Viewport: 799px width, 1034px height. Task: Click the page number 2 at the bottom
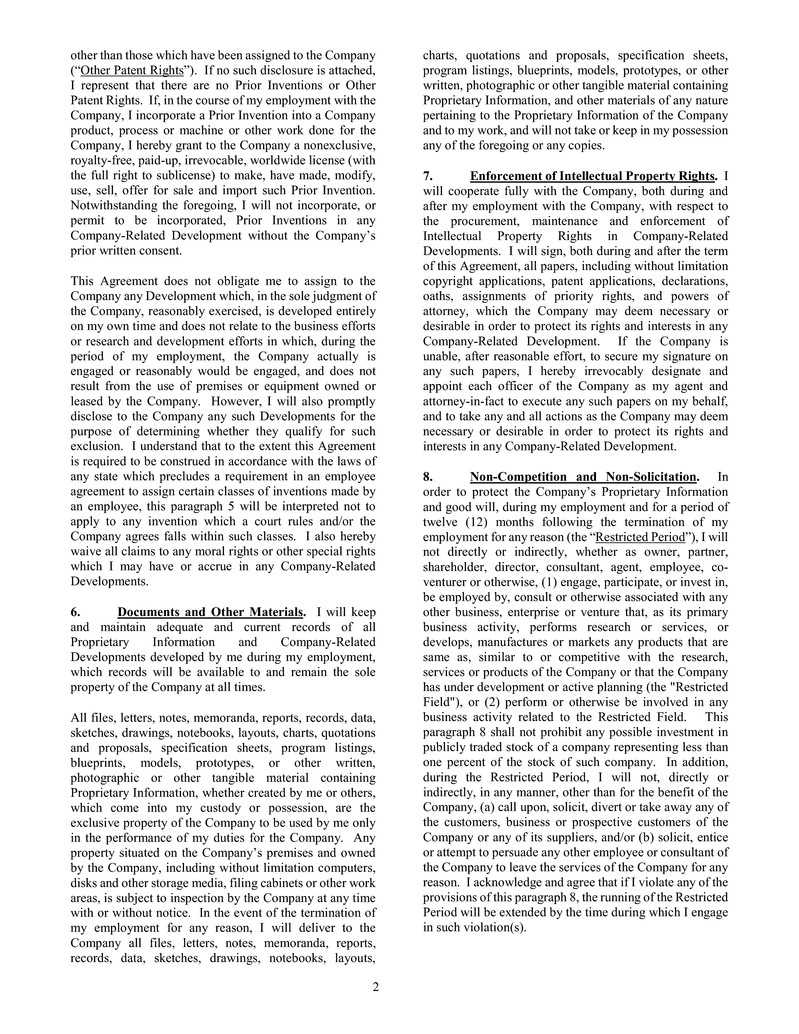(x=376, y=988)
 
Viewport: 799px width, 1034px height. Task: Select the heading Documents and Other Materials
(x=211, y=611)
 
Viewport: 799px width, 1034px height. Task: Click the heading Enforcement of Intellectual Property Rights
(x=593, y=176)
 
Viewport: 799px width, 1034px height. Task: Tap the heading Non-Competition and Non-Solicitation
(x=584, y=477)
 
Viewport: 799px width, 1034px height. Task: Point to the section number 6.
(x=76, y=611)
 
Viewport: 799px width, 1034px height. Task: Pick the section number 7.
(x=428, y=176)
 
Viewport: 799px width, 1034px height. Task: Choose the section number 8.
(x=428, y=477)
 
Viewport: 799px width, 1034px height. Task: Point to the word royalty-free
(x=103, y=160)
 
